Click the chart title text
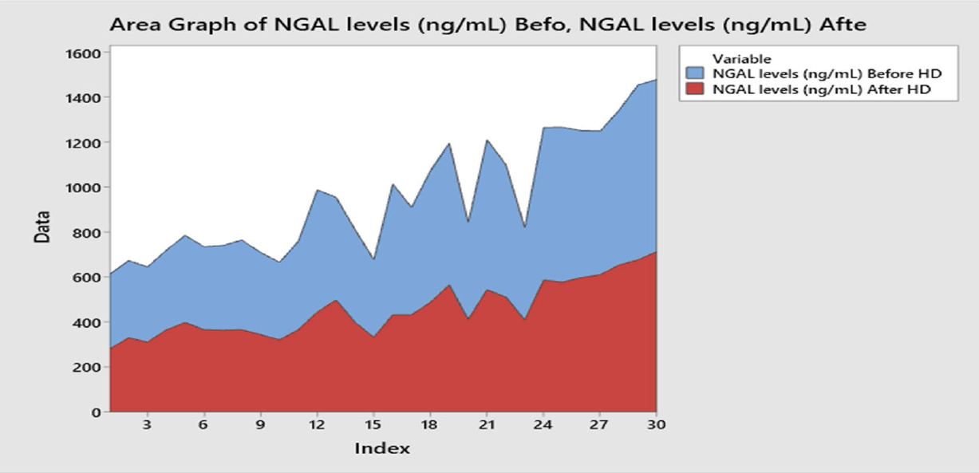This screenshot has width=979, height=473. coord(488,24)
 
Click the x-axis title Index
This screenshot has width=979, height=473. coord(382,448)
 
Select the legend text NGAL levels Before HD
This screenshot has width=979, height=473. coord(827,73)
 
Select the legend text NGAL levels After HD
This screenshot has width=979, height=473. coord(823,90)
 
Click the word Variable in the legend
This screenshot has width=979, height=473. coord(742,58)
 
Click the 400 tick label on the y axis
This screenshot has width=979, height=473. coord(85,322)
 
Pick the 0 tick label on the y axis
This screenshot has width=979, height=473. coord(94,412)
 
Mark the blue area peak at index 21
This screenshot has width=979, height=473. coord(487,140)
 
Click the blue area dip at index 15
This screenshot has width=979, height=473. coord(373,259)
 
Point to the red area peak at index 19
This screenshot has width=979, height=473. coord(449,285)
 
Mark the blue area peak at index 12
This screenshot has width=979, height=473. coord(317,190)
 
